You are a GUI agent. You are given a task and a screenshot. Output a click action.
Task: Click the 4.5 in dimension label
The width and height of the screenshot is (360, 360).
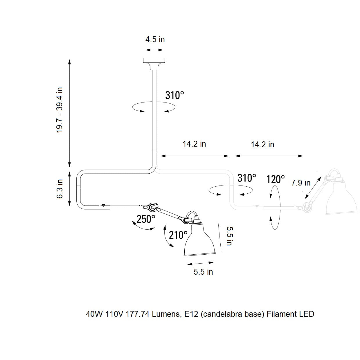(x=155, y=39)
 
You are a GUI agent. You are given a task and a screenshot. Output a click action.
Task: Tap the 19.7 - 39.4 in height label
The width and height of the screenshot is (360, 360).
(x=60, y=110)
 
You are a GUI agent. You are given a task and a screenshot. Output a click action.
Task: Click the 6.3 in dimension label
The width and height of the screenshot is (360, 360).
(x=60, y=188)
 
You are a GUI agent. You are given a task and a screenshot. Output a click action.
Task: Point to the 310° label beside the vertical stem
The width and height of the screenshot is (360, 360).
(x=174, y=95)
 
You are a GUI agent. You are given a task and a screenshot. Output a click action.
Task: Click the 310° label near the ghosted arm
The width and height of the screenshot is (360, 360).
(x=246, y=178)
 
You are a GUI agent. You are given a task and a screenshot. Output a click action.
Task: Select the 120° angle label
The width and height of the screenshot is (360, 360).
(x=276, y=179)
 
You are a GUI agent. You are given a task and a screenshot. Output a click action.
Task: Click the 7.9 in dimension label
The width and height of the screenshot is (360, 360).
(x=301, y=183)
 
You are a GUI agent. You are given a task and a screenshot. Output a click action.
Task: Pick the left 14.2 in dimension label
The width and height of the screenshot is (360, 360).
(x=194, y=144)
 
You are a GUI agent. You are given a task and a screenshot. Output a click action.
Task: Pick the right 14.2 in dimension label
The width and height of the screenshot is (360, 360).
(x=262, y=145)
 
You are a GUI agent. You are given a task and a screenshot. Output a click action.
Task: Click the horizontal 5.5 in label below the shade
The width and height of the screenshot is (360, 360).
(x=203, y=272)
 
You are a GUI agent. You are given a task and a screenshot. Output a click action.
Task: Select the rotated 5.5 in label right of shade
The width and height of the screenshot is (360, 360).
(x=229, y=236)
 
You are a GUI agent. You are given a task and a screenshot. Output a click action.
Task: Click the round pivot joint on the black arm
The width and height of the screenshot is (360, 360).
(x=152, y=207)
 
